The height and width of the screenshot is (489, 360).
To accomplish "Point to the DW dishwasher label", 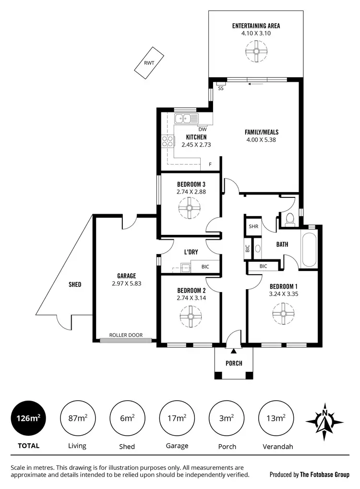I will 202,129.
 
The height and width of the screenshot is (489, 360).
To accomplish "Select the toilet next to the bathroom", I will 289,220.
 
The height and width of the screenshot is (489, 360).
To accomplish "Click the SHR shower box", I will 253,227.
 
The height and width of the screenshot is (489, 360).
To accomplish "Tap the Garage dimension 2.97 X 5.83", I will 127,283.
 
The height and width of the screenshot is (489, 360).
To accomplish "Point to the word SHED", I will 74,284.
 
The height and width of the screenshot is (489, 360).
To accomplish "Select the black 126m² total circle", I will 28,418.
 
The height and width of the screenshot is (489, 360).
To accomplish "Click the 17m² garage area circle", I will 177,418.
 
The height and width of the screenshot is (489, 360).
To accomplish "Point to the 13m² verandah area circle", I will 276,418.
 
